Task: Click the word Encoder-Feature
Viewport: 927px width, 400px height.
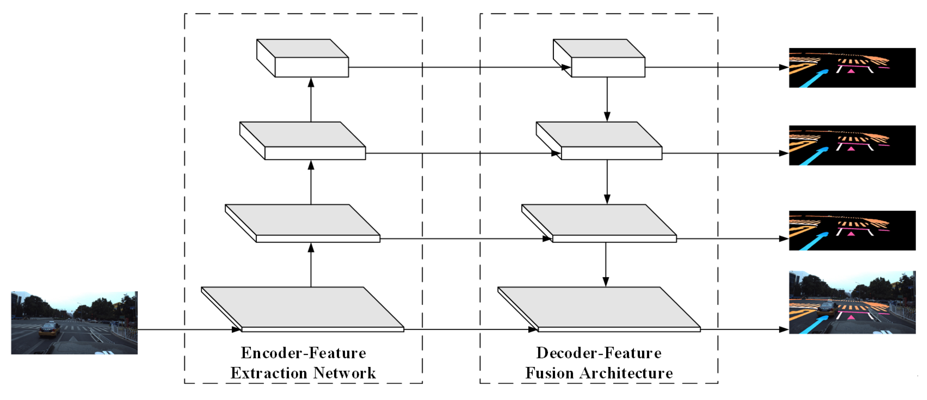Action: (x=303, y=353)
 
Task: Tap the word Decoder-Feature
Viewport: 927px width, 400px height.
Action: (x=598, y=353)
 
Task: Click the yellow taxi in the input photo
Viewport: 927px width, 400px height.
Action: (x=50, y=329)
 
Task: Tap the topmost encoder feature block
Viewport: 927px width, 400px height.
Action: (x=303, y=58)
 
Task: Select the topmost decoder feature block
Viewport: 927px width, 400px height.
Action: (x=599, y=58)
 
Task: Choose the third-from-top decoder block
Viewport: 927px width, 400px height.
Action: (x=599, y=222)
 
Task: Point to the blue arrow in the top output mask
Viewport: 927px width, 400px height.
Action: (x=813, y=78)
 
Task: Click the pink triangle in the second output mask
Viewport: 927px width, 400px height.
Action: (x=851, y=149)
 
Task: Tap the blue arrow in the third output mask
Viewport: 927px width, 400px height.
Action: (x=813, y=241)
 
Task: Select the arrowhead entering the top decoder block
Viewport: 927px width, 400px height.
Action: (x=566, y=67)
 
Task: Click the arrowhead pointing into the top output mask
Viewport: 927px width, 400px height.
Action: (x=783, y=67)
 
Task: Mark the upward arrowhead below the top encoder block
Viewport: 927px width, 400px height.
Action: (x=311, y=82)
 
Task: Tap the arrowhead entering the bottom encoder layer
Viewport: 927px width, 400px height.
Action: (x=236, y=329)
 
